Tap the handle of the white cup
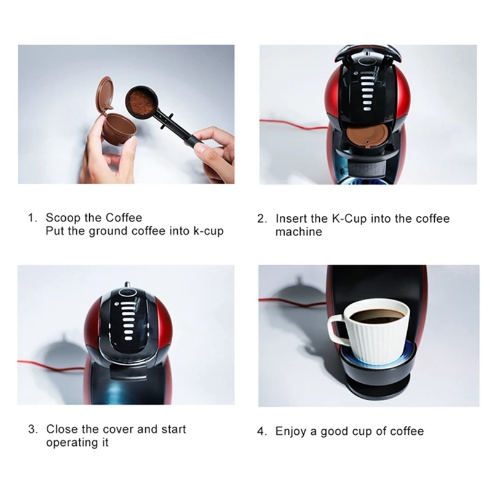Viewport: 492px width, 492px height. coord(338,330)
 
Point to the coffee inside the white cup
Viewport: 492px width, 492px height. coord(378,315)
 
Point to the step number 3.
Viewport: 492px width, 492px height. coord(31,429)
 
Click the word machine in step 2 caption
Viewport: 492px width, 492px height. coord(298,232)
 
